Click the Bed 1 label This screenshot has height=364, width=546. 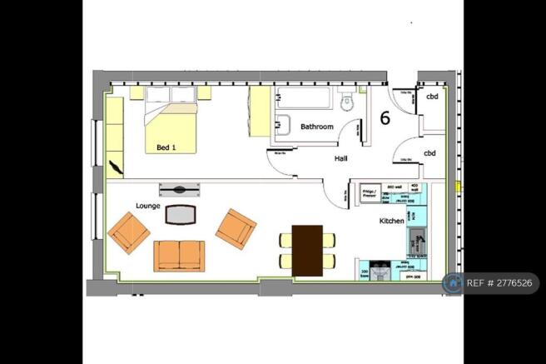coord(167,148)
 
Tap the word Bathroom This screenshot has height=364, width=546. coord(317,127)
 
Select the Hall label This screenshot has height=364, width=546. coord(342,158)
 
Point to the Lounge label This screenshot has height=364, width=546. coord(148,204)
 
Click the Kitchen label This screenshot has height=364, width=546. coord(392,221)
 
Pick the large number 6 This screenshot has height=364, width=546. coord(385,117)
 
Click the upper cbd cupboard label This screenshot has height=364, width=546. coord(432,97)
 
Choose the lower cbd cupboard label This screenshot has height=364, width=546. coord(430,153)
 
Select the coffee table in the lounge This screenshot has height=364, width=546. coord(180,215)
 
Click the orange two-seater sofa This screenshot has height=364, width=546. coord(179,255)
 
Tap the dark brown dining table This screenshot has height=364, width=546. coord(308,250)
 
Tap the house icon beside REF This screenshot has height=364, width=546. coord(454,283)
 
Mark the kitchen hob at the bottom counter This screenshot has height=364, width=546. coord(382,272)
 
